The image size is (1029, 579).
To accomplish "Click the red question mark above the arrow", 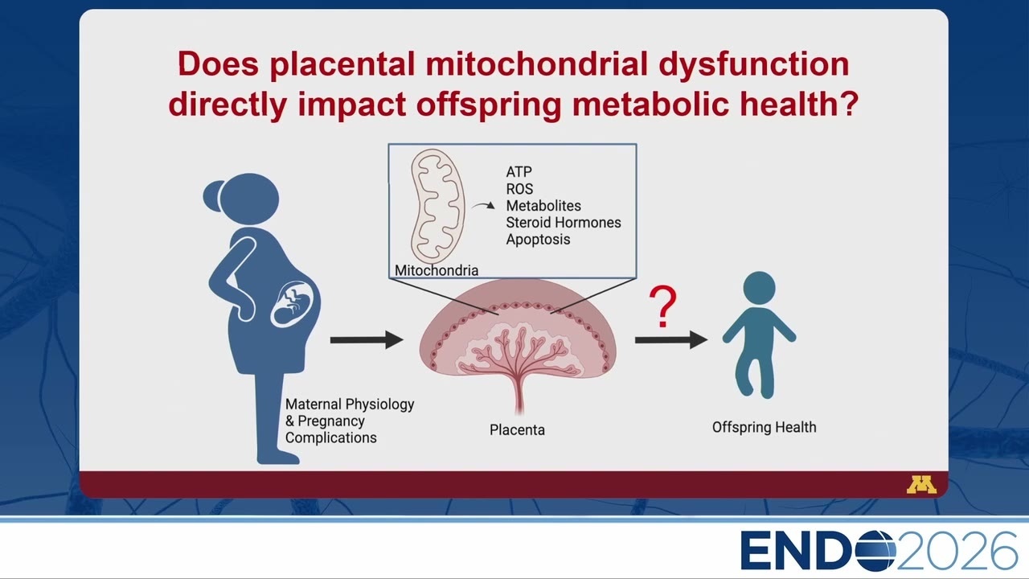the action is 662,306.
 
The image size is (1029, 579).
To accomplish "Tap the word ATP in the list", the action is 519,172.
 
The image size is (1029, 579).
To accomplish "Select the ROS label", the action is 519,189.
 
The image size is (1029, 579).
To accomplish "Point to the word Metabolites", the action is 543,205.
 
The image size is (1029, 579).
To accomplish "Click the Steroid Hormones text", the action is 564,223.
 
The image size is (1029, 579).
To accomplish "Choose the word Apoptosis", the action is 538,240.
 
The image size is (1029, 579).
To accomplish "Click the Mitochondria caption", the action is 437,270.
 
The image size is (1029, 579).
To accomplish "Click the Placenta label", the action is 517,429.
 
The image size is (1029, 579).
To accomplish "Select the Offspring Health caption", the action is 765,427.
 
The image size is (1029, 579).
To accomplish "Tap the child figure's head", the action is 759,288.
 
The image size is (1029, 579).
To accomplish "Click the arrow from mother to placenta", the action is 367,340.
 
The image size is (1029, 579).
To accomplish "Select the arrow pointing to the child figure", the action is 671,340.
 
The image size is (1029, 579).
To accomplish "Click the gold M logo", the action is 921,485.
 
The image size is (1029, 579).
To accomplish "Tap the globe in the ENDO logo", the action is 873,550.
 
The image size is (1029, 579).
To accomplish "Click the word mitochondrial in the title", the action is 536,64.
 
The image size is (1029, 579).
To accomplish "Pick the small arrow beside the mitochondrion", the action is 483,205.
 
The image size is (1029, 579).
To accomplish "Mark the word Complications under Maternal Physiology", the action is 330,437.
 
